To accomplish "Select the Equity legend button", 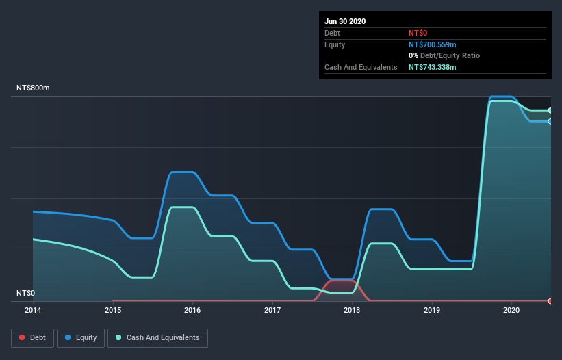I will tap(81, 337).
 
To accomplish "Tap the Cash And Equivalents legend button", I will tap(157, 337).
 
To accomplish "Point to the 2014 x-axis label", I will tap(33, 310).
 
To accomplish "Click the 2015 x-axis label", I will tap(113, 310).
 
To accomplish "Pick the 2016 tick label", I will tap(192, 310).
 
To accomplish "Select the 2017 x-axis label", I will tap(272, 310).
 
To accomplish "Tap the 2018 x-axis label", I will tap(352, 310).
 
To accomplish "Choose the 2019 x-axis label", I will tap(432, 310).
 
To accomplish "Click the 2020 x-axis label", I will tap(511, 310).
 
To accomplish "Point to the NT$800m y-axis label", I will tap(34, 88).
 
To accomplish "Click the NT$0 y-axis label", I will tap(25, 293).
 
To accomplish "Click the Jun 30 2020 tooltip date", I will tap(345, 21).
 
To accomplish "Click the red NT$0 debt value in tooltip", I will tap(418, 33).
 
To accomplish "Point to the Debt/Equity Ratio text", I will tap(448, 55).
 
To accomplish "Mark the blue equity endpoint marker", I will tap(550, 121).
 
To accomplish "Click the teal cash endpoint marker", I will tap(550, 110).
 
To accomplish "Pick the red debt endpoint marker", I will tap(550, 301).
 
